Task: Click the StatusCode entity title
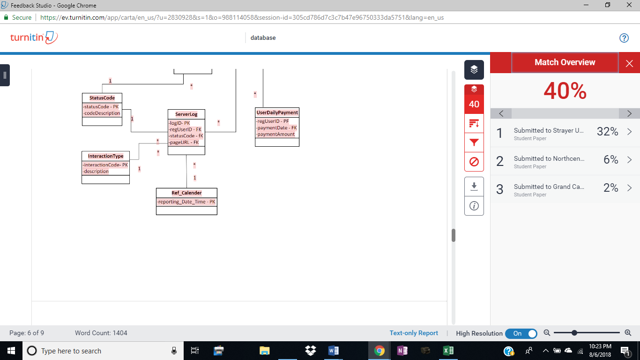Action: [x=102, y=98]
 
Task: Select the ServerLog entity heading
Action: [x=186, y=114]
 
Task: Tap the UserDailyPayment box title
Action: [x=277, y=112]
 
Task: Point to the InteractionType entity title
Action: [x=106, y=156]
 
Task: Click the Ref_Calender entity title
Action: [x=186, y=193]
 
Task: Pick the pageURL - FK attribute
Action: [x=184, y=142]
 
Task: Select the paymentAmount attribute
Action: [x=275, y=134]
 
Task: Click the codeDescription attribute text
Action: [x=102, y=113]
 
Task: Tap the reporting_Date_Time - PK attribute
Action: [x=186, y=202]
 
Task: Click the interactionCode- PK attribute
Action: [x=105, y=165]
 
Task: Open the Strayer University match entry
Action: [x=565, y=133]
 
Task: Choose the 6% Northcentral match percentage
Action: [x=611, y=159]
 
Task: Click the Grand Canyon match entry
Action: [x=565, y=189]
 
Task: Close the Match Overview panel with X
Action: [x=629, y=63]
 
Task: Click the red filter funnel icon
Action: [x=474, y=142]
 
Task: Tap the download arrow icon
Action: [x=474, y=187]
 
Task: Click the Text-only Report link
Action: [x=414, y=333]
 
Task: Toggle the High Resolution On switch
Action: [x=521, y=333]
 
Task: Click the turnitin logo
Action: [x=34, y=37]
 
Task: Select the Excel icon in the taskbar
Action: [x=448, y=351]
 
